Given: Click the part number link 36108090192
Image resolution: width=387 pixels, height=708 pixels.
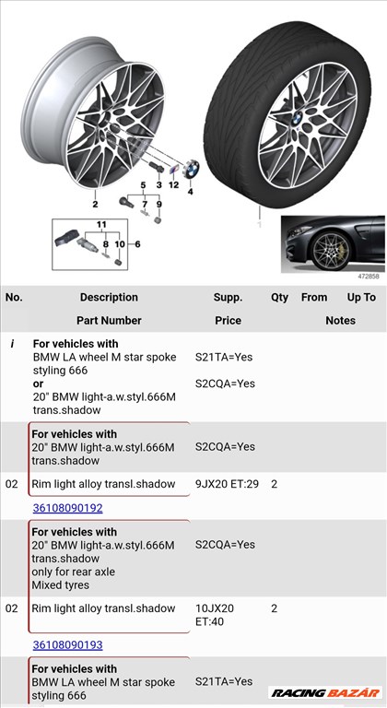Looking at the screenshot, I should coord(67,508).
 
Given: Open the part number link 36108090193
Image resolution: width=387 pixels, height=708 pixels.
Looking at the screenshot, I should coord(67,645).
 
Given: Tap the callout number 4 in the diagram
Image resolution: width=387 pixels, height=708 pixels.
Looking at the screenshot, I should coord(191,192).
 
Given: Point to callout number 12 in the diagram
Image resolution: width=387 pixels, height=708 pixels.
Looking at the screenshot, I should coord(173,185).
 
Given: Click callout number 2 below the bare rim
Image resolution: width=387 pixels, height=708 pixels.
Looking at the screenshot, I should coord(94,205).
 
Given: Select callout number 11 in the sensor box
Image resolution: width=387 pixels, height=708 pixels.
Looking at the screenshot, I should coord(102,225).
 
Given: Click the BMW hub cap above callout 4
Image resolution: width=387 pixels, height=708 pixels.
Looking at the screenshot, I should coord(192,171).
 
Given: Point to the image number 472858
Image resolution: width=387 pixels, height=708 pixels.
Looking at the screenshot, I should coord(369,276).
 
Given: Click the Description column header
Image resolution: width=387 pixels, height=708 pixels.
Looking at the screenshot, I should coord(109,298).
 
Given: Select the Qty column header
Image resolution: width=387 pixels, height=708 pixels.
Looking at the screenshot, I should coord(279,298).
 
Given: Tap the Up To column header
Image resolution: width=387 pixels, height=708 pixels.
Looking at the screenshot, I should coord(361,298).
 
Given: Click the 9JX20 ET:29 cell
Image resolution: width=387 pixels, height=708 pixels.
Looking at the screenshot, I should coord(225,484).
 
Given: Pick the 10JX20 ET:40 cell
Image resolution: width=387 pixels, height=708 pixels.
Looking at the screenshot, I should coord(215,616).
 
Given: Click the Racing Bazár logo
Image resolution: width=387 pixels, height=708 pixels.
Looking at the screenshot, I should coord(324,691).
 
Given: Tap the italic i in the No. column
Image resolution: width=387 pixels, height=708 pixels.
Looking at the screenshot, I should coord(12,343).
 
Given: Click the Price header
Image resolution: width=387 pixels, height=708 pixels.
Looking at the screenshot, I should coord(228,321).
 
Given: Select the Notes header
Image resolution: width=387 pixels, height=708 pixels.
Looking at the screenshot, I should coord(340,321).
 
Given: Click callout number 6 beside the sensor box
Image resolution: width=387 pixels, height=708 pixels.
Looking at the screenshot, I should coord(138,244).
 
